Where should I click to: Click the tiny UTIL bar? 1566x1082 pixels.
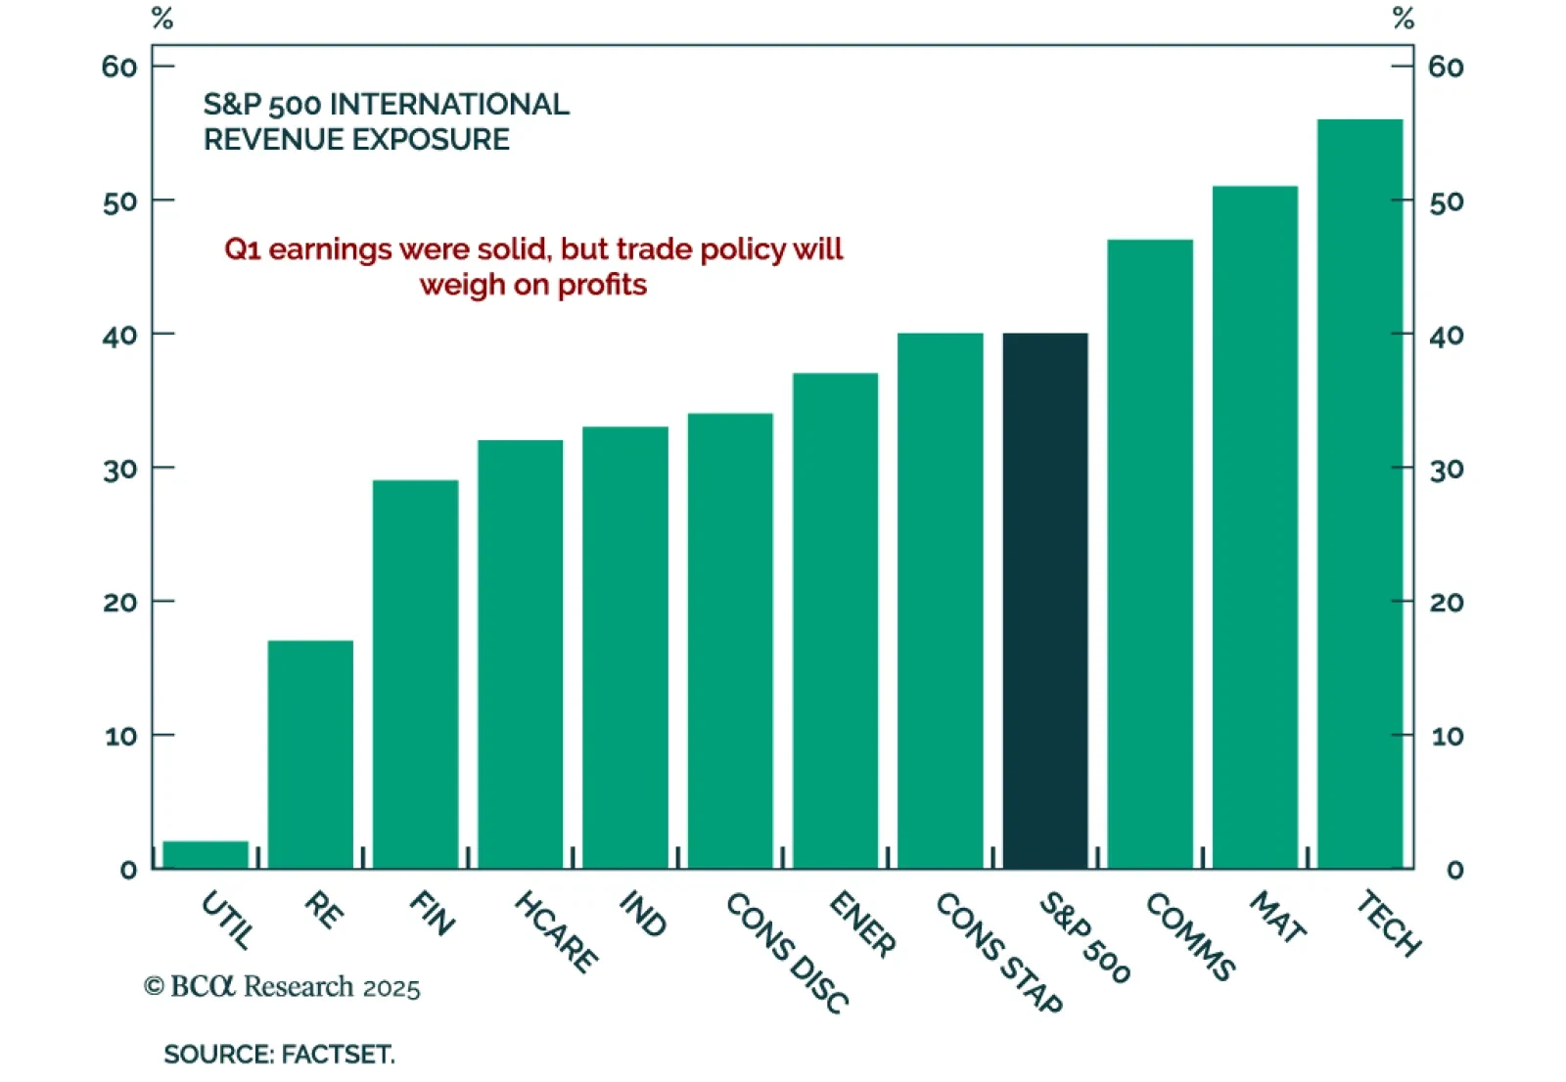pos(206,854)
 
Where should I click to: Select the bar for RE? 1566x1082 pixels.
pos(310,754)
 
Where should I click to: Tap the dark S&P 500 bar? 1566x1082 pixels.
pos(1045,601)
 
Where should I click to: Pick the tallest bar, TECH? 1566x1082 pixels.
pos(1359,494)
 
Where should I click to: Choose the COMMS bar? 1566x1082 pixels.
pos(1150,554)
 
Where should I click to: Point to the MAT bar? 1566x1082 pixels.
pos(1255,527)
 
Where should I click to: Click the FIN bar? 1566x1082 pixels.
pos(415,674)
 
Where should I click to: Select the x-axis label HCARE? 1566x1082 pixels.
pos(556,931)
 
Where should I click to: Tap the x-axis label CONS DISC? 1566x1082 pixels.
pos(787,951)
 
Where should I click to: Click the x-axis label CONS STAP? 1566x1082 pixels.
pos(998,951)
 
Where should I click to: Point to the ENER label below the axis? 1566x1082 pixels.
pos(862,924)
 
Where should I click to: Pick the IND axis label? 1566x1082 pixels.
pos(643,913)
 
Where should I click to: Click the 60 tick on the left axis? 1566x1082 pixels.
pos(119,67)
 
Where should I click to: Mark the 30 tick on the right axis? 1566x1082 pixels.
pos(1447,470)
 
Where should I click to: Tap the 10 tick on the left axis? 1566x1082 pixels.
pos(120,736)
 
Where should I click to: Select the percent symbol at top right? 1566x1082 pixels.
pos(1404,18)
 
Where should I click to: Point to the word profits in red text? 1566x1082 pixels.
pos(602,285)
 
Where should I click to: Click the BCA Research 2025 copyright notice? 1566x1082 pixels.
pos(282,986)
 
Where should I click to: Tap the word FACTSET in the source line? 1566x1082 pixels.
pos(338,1055)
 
